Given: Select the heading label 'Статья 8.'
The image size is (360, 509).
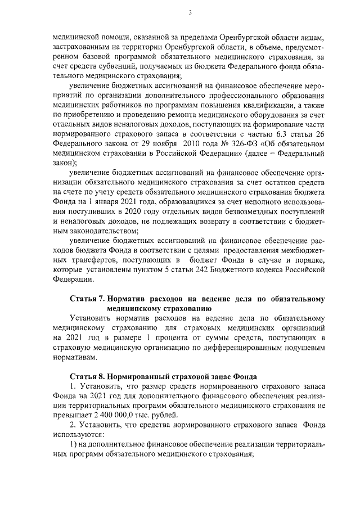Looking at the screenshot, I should [x=87, y=376].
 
